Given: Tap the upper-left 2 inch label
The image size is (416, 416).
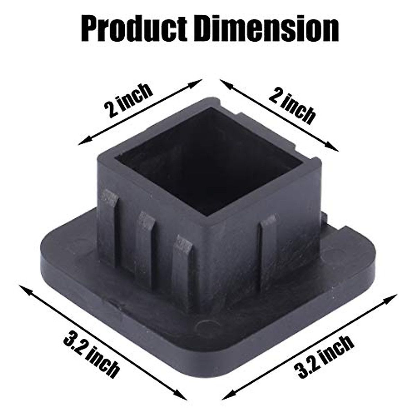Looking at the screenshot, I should tap(128, 101).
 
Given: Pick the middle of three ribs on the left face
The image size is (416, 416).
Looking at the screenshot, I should tap(146, 243).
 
